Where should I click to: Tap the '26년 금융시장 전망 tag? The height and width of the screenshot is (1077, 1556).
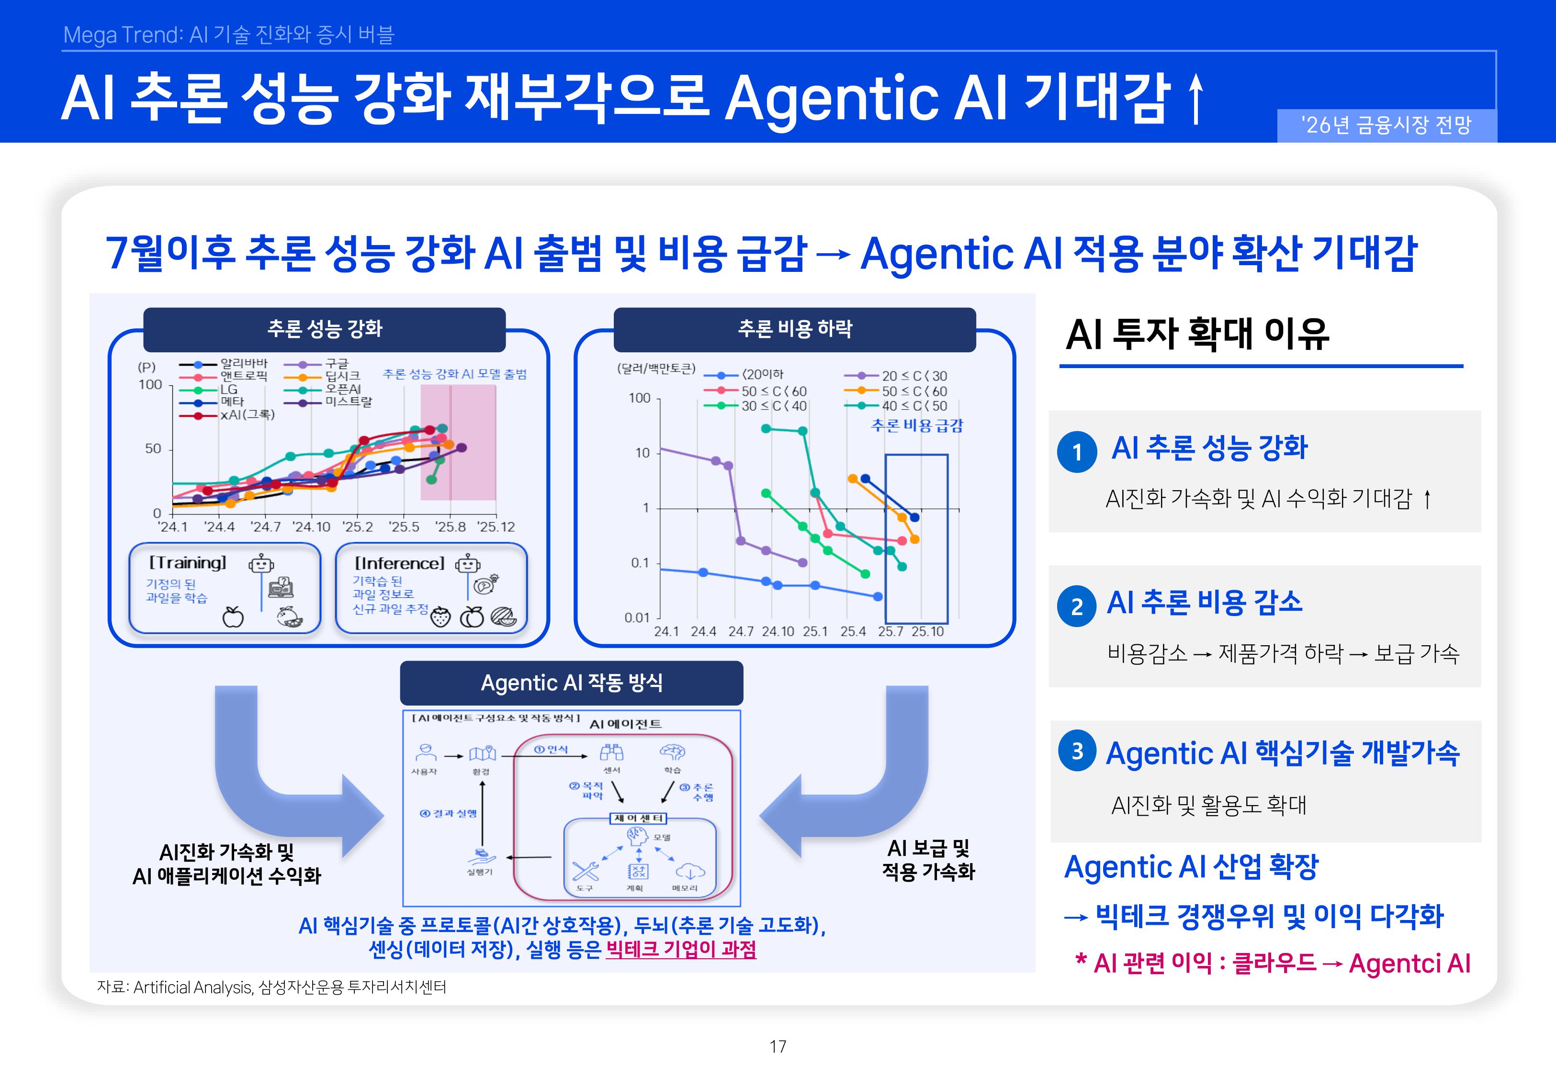tap(1386, 125)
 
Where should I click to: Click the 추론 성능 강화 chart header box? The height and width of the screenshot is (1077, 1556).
tap(325, 329)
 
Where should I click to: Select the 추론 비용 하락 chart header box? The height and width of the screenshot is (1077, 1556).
tap(794, 329)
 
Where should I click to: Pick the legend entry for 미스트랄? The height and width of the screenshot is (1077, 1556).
tap(348, 402)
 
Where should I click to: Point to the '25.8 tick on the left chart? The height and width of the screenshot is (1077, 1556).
tap(450, 527)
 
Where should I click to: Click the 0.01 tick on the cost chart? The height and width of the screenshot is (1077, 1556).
tap(636, 617)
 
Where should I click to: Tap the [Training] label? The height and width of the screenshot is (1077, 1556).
tap(188, 563)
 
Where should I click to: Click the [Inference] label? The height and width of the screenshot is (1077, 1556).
tap(399, 563)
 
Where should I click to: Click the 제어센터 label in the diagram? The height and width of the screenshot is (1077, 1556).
tap(638, 818)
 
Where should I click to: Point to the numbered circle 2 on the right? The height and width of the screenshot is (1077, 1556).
tap(1076, 606)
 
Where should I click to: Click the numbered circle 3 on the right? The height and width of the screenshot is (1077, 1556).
tap(1077, 751)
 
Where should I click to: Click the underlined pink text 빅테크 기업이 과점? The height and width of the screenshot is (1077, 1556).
tap(681, 949)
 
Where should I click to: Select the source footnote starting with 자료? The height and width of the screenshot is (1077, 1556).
tap(271, 987)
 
